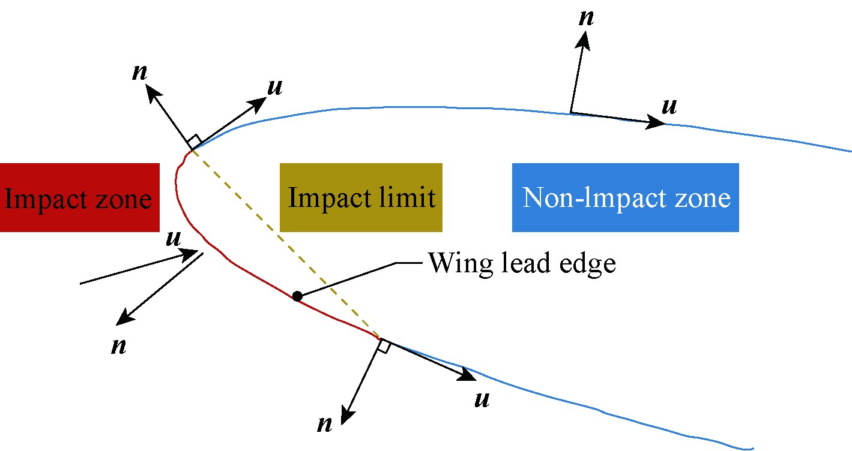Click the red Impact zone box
(x=79, y=197)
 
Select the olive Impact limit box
(x=361, y=197)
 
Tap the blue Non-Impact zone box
(x=625, y=197)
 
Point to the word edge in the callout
(x=591, y=263)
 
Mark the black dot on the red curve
(x=297, y=296)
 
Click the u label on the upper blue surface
(x=668, y=106)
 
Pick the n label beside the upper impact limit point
(x=140, y=72)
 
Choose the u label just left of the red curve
(x=174, y=238)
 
